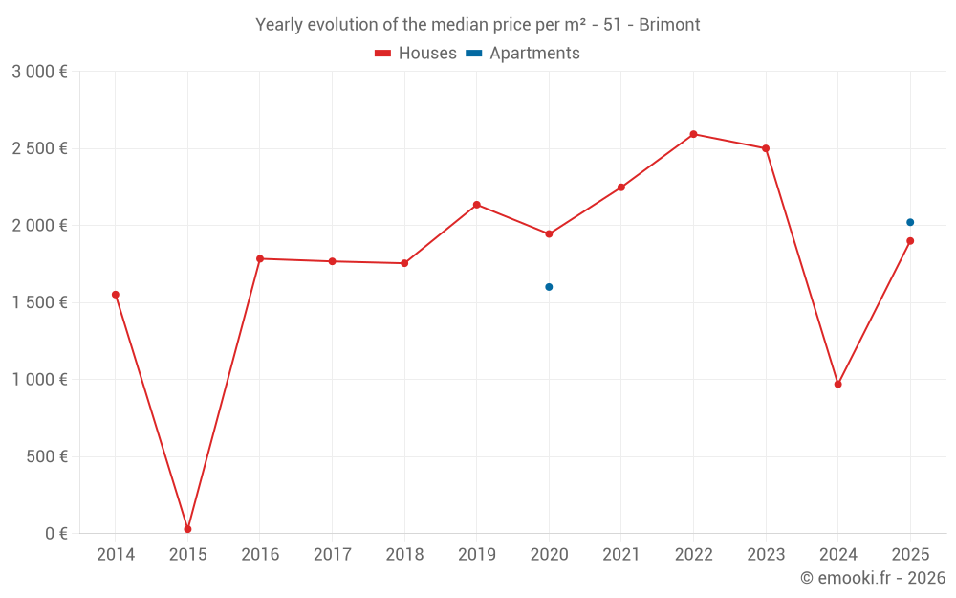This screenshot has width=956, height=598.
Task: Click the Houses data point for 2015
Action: click(187, 529)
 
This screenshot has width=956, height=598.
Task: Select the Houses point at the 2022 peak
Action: click(693, 134)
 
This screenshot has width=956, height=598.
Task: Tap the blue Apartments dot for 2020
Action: click(549, 287)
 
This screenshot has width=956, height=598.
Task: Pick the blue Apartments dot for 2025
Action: click(910, 222)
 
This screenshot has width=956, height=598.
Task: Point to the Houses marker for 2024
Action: click(837, 385)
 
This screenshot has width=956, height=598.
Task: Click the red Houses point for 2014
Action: click(116, 295)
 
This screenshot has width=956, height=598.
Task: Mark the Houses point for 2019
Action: click(476, 205)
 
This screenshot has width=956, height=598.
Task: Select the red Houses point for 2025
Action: click(910, 241)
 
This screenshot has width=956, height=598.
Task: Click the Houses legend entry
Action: click(416, 54)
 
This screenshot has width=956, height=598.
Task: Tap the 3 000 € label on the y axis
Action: click(39, 72)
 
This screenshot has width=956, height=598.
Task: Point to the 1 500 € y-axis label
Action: click(39, 302)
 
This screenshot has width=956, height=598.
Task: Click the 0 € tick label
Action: click(56, 533)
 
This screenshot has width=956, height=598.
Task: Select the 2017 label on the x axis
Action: click(332, 555)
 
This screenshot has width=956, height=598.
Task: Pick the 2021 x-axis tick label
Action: click(620, 555)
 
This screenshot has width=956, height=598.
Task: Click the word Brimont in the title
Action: click(669, 25)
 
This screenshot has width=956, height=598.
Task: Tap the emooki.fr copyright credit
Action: click(872, 578)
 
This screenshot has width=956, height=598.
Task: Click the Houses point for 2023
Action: click(766, 148)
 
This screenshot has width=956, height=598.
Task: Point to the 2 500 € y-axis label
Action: click(39, 148)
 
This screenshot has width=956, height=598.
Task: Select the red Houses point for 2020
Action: click(549, 234)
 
